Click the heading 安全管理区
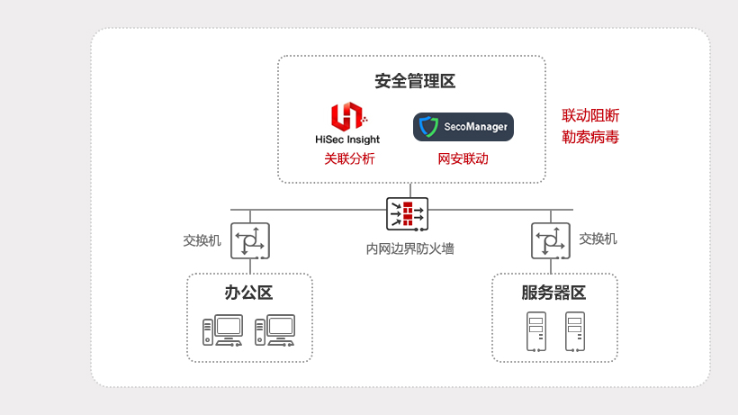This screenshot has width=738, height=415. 415,82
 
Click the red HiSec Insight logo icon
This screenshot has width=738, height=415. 346,117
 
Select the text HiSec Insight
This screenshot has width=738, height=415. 347,140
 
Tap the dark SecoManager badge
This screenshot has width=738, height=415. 463,127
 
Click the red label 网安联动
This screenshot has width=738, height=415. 463,158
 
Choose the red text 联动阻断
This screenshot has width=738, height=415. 590,115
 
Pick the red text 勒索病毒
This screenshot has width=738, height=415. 590,138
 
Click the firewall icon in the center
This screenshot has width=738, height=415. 408,214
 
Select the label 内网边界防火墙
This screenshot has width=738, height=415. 409,248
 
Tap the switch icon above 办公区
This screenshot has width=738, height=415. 250,240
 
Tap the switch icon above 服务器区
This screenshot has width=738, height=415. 552,240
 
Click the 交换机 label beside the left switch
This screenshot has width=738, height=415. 202,240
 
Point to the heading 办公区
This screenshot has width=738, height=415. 248,293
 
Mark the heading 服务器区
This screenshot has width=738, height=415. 553,293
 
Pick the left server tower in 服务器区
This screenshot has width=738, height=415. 535,332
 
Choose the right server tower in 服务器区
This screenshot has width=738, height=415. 574,332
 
